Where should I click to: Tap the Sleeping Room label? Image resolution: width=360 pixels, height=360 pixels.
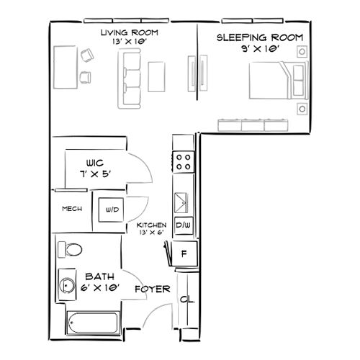click(260, 37)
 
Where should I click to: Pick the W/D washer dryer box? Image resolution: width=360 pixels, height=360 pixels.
click(113, 210)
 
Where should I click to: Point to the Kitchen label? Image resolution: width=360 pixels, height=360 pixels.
click(152, 225)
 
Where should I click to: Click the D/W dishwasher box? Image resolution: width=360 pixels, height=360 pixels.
click(182, 225)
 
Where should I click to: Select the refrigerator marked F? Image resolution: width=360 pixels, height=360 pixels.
click(184, 253)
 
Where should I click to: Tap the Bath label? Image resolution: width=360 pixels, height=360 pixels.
click(98, 276)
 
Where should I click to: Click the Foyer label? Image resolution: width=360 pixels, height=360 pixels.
click(152, 289)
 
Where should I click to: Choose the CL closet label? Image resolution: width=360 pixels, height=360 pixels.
click(185, 300)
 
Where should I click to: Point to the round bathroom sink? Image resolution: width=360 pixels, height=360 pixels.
click(67, 286)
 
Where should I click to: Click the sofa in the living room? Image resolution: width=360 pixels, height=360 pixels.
click(130, 81)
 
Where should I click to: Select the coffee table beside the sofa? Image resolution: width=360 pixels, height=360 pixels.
click(158, 74)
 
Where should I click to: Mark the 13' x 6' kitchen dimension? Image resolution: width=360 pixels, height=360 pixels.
click(152, 233)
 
